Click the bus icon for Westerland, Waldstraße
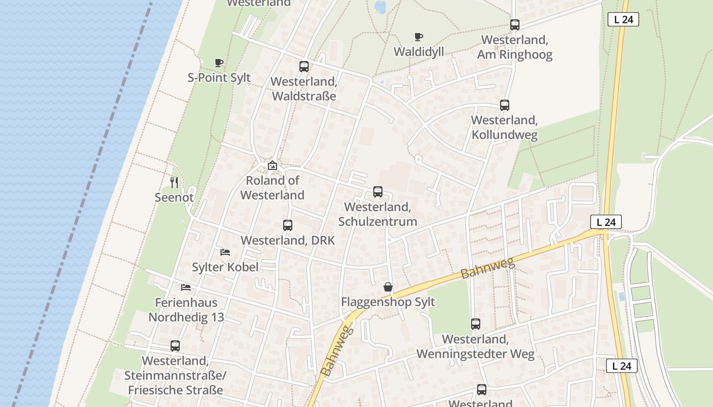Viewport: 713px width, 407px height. click(304, 66)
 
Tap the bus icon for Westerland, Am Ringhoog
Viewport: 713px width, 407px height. click(515, 24)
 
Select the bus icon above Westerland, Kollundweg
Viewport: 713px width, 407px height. click(505, 105)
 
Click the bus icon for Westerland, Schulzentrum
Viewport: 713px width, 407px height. click(378, 192)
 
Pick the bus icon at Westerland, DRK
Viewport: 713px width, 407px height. click(288, 225)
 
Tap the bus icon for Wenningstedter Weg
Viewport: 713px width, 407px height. click(476, 324)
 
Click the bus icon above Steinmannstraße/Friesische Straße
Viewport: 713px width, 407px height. click(175, 346)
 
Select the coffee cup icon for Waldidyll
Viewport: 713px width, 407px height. click(419, 37)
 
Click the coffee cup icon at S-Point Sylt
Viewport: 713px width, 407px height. click(219, 63)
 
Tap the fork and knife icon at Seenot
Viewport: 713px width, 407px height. click(174, 182)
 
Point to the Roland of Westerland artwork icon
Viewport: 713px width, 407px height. click(272, 165)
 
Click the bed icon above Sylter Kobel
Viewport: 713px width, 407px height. click(225, 252)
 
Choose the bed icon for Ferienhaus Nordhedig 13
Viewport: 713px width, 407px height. click(186, 287)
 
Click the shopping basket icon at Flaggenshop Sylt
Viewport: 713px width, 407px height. click(388, 287)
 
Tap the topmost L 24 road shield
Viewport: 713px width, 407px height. click(623, 20)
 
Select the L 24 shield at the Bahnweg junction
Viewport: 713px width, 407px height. click(606, 222)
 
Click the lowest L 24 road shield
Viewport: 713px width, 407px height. click(622, 366)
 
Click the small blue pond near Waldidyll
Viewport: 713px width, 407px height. click(380, 7)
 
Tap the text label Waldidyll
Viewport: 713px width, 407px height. click(419, 52)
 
